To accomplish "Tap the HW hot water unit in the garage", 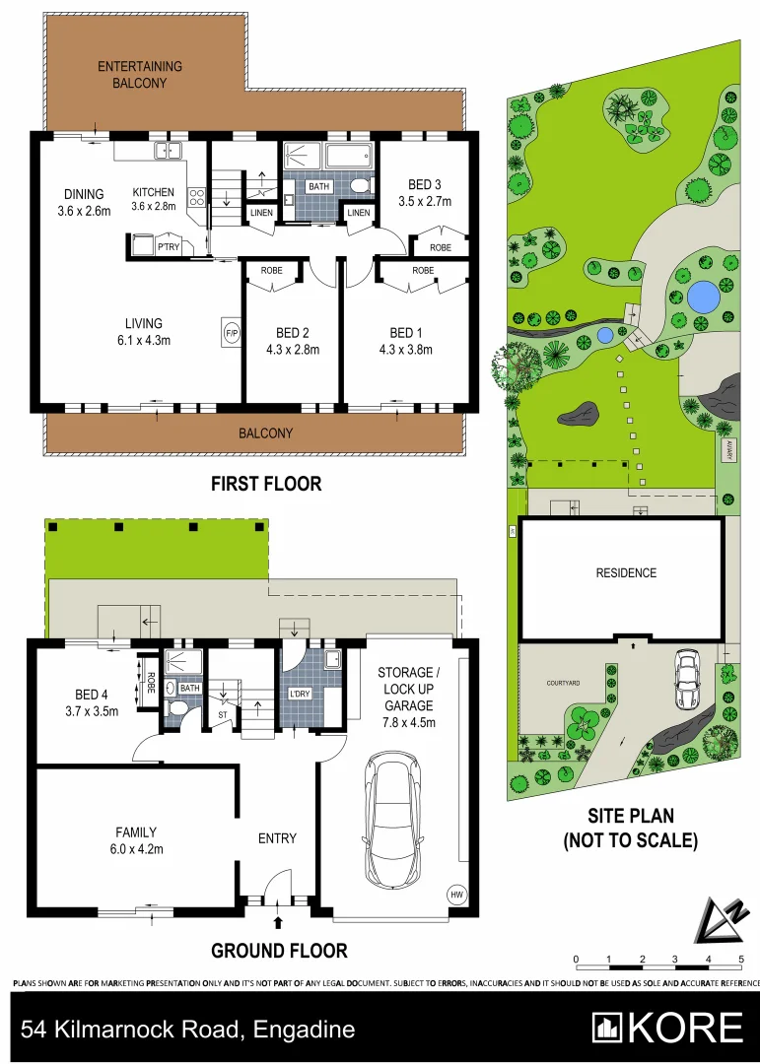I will [455, 895].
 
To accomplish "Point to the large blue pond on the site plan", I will [702, 295].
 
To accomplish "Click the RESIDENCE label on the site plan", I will [625, 572].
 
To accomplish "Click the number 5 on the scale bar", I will [740, 959].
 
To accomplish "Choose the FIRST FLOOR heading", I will [266, 484].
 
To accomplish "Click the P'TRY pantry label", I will [169, 247].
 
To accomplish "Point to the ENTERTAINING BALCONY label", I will [139, 75].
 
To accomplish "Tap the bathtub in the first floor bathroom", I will [347, 156].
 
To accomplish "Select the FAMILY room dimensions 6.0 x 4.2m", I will [135, 848].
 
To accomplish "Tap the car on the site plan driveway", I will [686, 679].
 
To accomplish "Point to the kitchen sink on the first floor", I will [166, 150].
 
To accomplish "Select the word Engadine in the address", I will [304, 1031].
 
